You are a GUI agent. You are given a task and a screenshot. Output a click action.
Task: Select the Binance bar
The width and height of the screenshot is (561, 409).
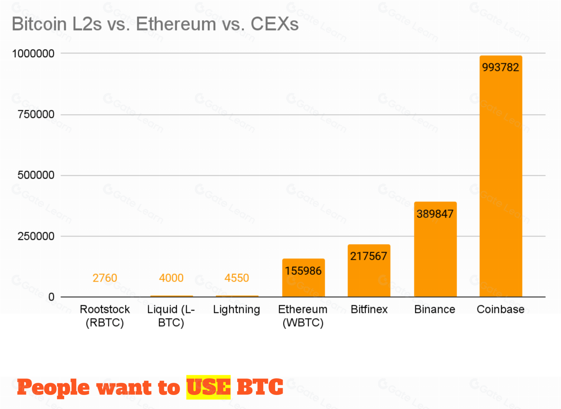tap(435, 256)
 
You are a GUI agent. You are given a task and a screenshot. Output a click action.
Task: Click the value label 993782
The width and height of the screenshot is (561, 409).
tap(501, 67)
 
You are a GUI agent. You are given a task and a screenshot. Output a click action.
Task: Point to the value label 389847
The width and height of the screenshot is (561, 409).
tap(435, 214)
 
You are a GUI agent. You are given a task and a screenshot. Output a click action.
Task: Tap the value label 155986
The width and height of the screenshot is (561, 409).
tap(303, 271)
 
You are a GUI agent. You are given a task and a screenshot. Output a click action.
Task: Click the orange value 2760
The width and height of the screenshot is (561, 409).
tap(105, 278)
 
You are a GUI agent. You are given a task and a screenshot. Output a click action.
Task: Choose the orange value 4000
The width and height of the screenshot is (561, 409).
tap(171, 278)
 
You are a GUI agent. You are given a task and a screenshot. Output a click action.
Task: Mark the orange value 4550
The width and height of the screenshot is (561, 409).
tap(237, 278)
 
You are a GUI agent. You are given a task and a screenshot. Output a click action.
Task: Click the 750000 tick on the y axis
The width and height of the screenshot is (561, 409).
tap(36, 114)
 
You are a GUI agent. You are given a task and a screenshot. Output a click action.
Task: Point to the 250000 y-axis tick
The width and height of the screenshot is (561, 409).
tap(36, 236)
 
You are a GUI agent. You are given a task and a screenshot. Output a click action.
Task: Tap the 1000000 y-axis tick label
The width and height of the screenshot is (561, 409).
tap(33, 54)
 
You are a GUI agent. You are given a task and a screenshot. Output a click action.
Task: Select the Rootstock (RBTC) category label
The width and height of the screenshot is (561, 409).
tap(105, 316)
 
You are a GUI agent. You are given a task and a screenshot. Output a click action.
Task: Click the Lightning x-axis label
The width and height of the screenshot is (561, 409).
tap(237, 310)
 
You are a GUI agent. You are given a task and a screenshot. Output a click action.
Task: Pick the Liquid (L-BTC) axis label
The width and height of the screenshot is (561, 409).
tap(171, 316)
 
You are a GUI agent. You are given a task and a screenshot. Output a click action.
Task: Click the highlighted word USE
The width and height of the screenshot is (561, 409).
tap(208, 387)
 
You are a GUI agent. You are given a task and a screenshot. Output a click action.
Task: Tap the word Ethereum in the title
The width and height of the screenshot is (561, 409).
tap(176, 24)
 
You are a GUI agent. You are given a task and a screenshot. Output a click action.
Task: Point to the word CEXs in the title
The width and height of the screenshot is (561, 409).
tap(275, 24)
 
